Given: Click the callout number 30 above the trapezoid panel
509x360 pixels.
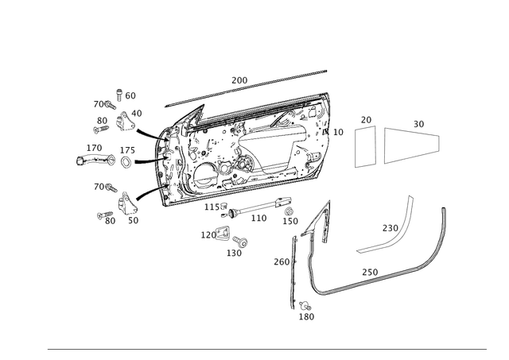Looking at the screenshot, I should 418,123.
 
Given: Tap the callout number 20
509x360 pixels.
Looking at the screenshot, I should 365,118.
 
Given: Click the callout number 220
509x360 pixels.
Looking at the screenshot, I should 391,229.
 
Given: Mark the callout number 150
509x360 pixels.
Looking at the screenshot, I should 283,261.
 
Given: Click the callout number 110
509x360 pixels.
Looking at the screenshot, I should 259,216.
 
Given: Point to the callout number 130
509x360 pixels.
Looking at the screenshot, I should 235,254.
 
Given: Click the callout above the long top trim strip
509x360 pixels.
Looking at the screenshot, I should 239,79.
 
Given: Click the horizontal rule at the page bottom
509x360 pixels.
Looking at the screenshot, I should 266,347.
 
